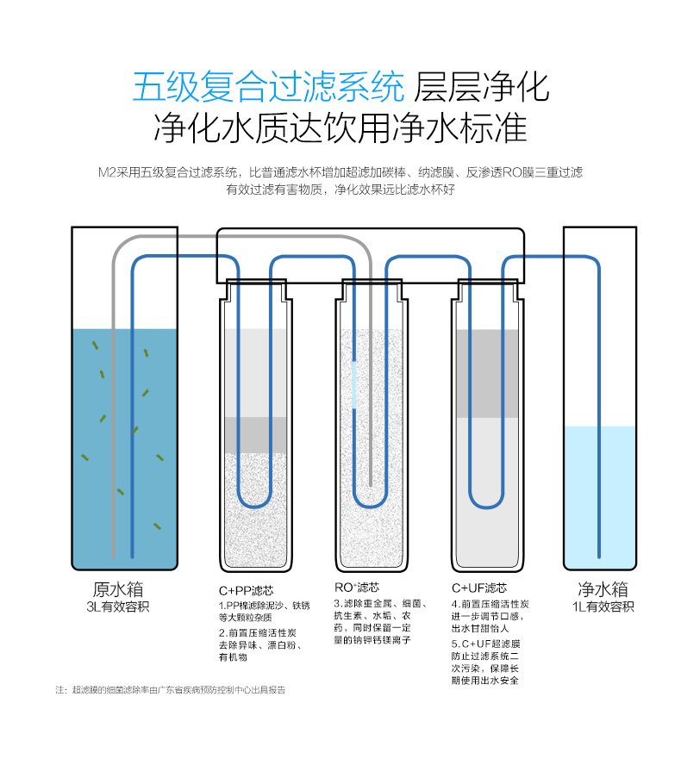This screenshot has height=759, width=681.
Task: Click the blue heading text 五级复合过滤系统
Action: [267, 87]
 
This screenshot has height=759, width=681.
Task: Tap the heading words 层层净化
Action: [481, 87]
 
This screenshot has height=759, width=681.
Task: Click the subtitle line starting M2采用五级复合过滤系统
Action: [340, 172]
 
